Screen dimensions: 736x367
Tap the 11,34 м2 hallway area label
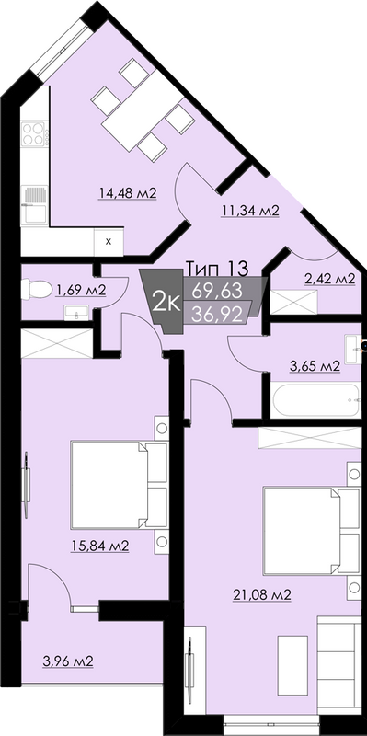[x=249, y=211]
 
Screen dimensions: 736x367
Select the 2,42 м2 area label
[x=328, y=278]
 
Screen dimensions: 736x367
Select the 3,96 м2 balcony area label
[x=67, y=661]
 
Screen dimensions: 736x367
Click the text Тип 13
[x=216, y=268]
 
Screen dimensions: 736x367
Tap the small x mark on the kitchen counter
[x=109, y=241]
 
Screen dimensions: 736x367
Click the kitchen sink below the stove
[x=34, y=195]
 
